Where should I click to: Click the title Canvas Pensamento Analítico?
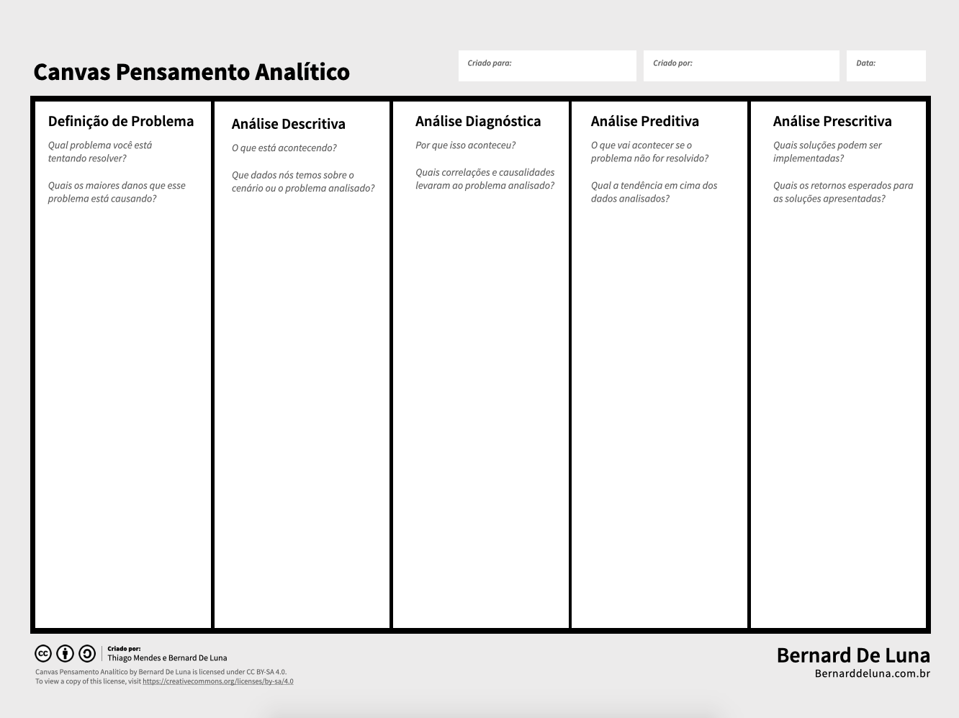[191, 72]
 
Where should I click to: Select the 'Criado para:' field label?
[489, 63]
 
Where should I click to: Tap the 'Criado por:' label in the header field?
[672, 63]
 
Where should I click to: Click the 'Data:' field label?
[865, 63]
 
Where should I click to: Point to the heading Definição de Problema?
[120, 122]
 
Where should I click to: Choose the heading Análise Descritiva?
[288, 125]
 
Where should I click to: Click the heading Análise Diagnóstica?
[477, 122]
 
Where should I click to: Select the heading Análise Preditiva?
[644, 122]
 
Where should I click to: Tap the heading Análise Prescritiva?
[832, 122]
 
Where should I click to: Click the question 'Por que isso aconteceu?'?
[465, 145]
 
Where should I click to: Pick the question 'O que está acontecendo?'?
[284, 148]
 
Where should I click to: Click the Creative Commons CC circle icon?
[43, 654]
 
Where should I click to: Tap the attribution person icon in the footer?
[65, 654]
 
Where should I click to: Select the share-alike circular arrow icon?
[87, 654]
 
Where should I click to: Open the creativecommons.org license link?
[217, 681]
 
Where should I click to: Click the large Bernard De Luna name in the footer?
[852, 655]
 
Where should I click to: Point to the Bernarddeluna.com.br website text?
[872, 674]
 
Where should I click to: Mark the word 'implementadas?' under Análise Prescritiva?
[808, 158]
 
